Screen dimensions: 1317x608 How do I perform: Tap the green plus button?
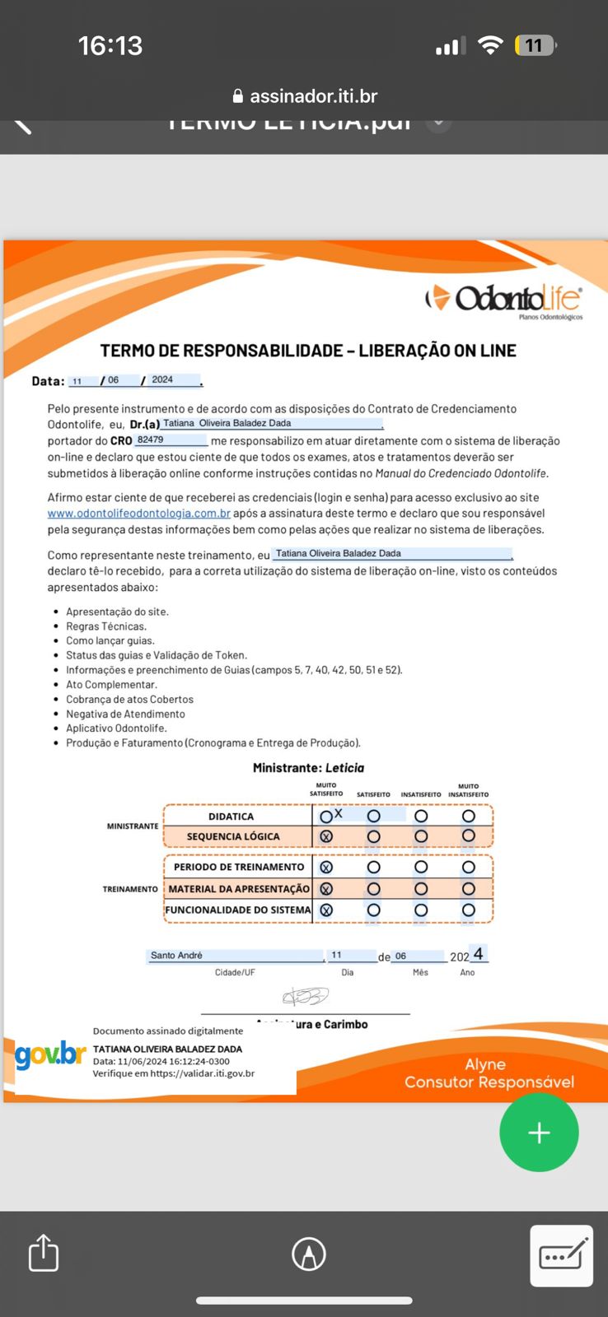(x=539, y=1133)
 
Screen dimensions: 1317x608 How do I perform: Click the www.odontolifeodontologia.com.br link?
(x=138, y=514)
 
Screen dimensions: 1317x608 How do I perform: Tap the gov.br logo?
(x=50, y=1054)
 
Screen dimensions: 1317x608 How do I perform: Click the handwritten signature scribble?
(x=306, y=997)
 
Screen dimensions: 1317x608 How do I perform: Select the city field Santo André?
(x=176, y=956)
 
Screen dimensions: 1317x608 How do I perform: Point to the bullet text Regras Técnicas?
(x=106, y=626)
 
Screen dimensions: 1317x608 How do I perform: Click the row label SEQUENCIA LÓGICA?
(x=233, y=836)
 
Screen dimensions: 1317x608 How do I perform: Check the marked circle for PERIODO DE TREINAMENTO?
(x=326, y=867)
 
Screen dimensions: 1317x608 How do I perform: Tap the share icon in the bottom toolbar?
(x=44, y=1254)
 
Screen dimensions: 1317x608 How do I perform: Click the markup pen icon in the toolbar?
(x=309, y=1254)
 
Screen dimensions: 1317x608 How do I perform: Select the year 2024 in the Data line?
(x=162, y=380)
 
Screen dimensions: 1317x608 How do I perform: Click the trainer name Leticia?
(x=344, y=768)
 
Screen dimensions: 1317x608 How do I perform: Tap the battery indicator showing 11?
(x=535, y=45)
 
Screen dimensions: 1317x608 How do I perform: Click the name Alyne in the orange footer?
(x=485, y=1064)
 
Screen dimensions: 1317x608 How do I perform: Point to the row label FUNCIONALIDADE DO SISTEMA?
(x=238, y=910)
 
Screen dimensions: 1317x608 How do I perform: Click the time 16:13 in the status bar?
(x=110, y=45)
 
